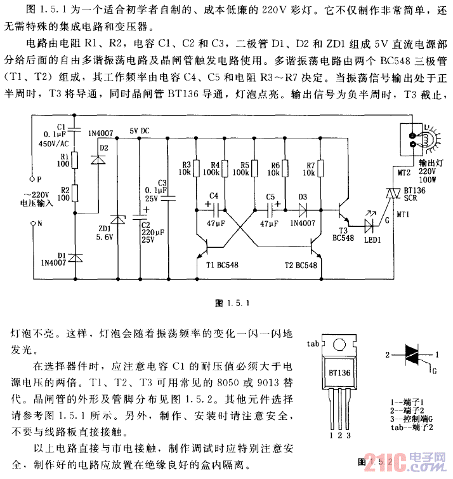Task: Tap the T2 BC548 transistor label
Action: [x=296, y=266]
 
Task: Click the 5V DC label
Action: [x=140, y=132]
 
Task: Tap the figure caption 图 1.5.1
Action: [x=225, y=302]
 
